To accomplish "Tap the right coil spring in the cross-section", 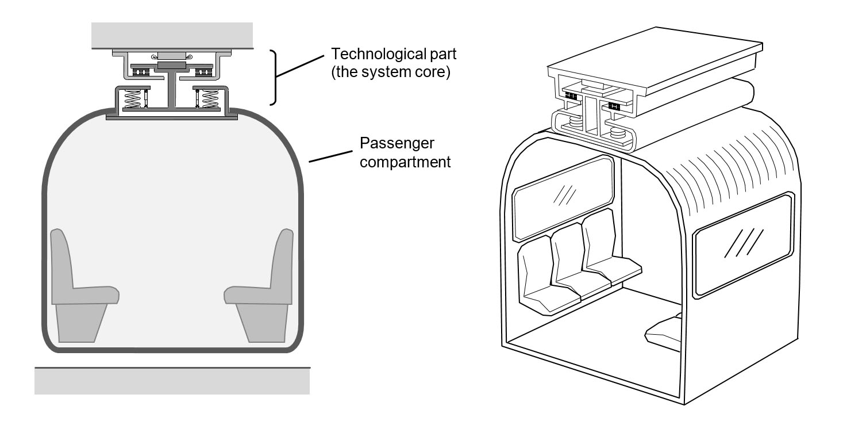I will pos(210,98).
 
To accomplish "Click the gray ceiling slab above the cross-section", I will pos(172,35).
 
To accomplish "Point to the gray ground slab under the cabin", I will pos(172,381).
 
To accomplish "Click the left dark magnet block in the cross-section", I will pos(140,71).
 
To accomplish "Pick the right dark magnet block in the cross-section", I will pos(204,71).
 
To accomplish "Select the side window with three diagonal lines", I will pos(744,245).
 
